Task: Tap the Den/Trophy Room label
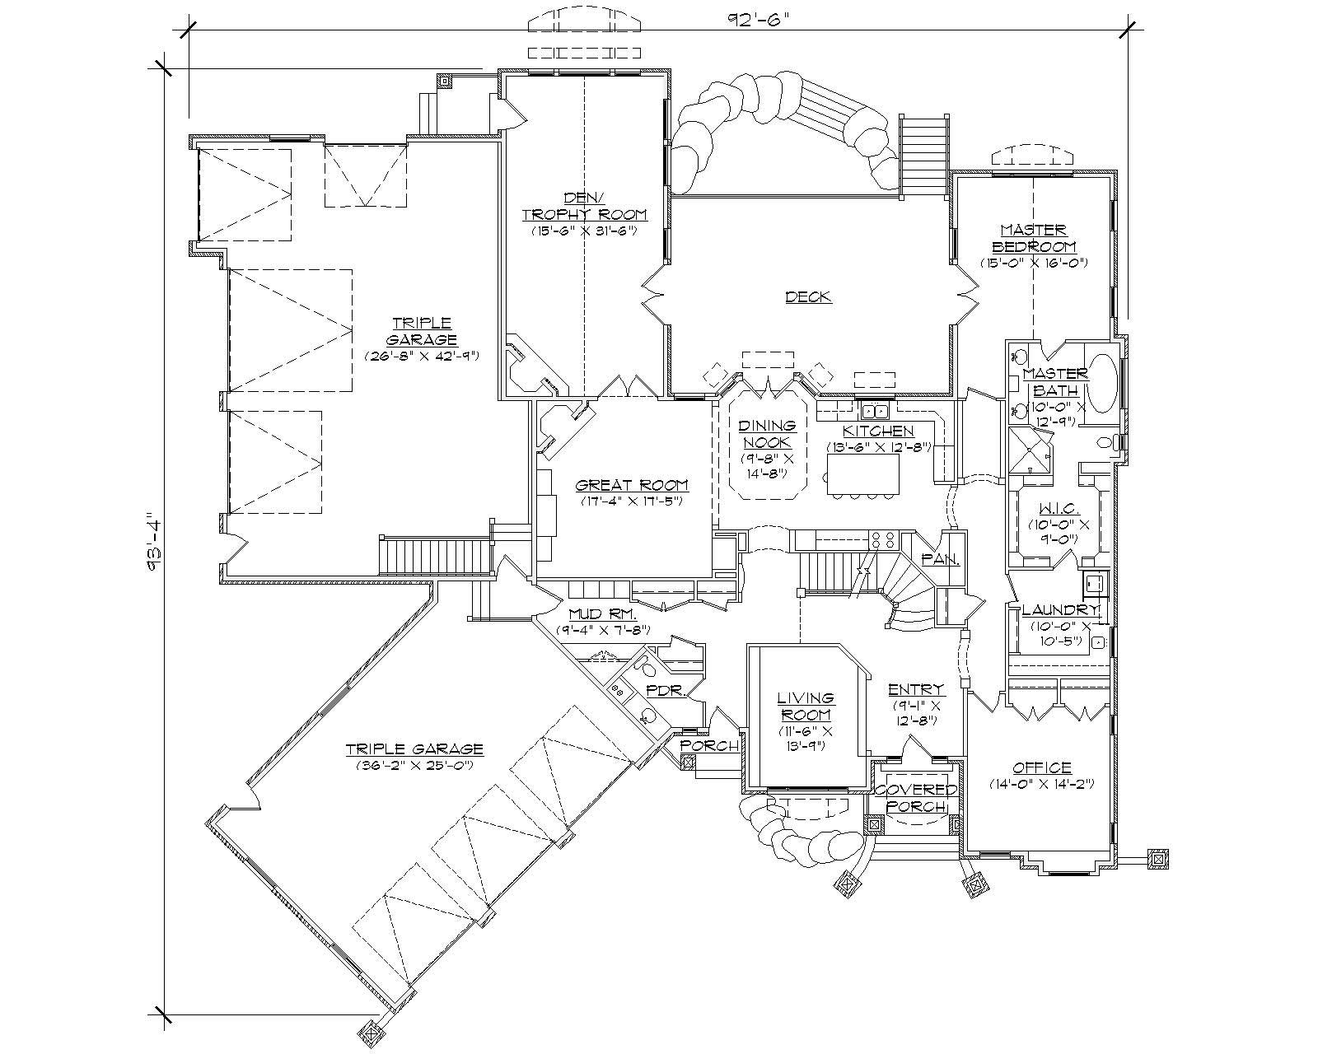coord(584,206)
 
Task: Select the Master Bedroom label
coord(1034,238)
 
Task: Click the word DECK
coord(808,297)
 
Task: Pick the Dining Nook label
coord(767,434)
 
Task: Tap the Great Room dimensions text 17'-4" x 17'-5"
coord(632,501)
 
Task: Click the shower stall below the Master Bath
coord(1031,450)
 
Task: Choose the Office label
coord(1042,767)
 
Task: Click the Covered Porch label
coord(916,797)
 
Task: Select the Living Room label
coord(806,707)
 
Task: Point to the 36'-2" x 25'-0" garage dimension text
coord(414,765)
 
